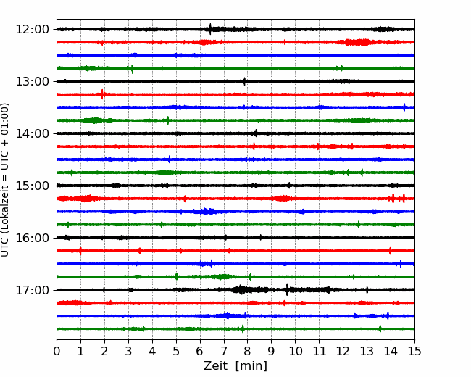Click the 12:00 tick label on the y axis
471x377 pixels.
(32, 30)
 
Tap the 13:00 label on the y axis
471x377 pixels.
(32, 81)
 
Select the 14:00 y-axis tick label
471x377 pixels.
(32, 133)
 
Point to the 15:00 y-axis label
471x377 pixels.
(32, 186)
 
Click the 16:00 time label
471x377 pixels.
(32, 238)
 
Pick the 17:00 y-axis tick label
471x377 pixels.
(32, 290)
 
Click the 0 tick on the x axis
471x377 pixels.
(57, 351)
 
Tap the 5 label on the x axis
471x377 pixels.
(176, 351)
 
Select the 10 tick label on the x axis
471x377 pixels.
(295, 351)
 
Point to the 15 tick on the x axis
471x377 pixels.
(414, 351)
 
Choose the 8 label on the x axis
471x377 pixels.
(248, 351)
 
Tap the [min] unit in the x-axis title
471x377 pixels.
(251, 366)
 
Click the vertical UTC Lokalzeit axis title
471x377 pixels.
(4, 180)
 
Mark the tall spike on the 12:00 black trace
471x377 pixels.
(210, 29)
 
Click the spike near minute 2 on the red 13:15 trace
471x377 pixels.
(102, 94)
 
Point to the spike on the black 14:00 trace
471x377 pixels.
(256, 133)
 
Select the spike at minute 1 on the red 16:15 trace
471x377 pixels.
(80, 251)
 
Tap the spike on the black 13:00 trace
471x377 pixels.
(244, 81)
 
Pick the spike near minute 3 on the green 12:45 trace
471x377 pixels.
(133, 69)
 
